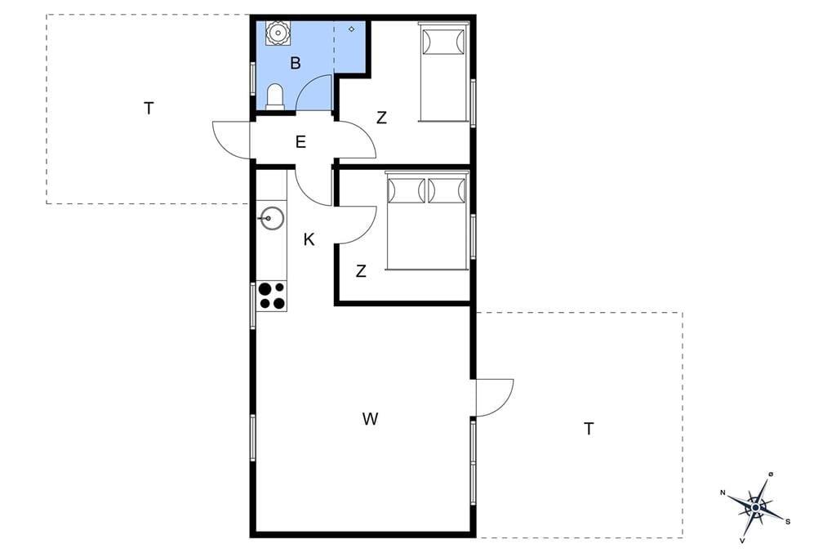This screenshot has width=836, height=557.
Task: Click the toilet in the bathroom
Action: tap(275, 96)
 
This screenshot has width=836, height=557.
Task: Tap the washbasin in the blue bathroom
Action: tap(278, 33)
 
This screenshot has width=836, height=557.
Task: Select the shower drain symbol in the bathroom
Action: tap(351, 29)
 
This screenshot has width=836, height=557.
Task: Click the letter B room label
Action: tap(296, 64)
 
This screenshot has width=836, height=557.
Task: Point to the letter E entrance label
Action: tap(300, 142)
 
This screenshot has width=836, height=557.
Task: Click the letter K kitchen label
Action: tap(309, 240)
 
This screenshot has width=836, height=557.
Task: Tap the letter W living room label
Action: tap(370, 419)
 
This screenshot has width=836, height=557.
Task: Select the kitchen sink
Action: tap(272, 218)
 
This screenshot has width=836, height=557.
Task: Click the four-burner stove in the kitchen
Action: tap(271, 296)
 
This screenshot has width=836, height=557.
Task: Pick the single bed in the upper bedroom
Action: tap(443, 72)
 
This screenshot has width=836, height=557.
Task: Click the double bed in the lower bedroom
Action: tap(427, 221)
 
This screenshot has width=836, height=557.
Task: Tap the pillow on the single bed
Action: tap(443, 42)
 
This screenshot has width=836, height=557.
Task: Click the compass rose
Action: tap(756, 507)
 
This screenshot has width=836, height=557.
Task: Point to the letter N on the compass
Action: tap(723, 493)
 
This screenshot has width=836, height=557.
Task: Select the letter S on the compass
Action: tap(788, 522)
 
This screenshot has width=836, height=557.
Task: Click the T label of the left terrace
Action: tap(149, 109)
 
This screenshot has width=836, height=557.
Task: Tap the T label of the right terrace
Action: tap(589, 429)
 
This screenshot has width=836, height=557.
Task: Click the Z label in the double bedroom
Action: tap(361, 272)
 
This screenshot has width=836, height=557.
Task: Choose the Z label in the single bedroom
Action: tap(381, 118)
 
